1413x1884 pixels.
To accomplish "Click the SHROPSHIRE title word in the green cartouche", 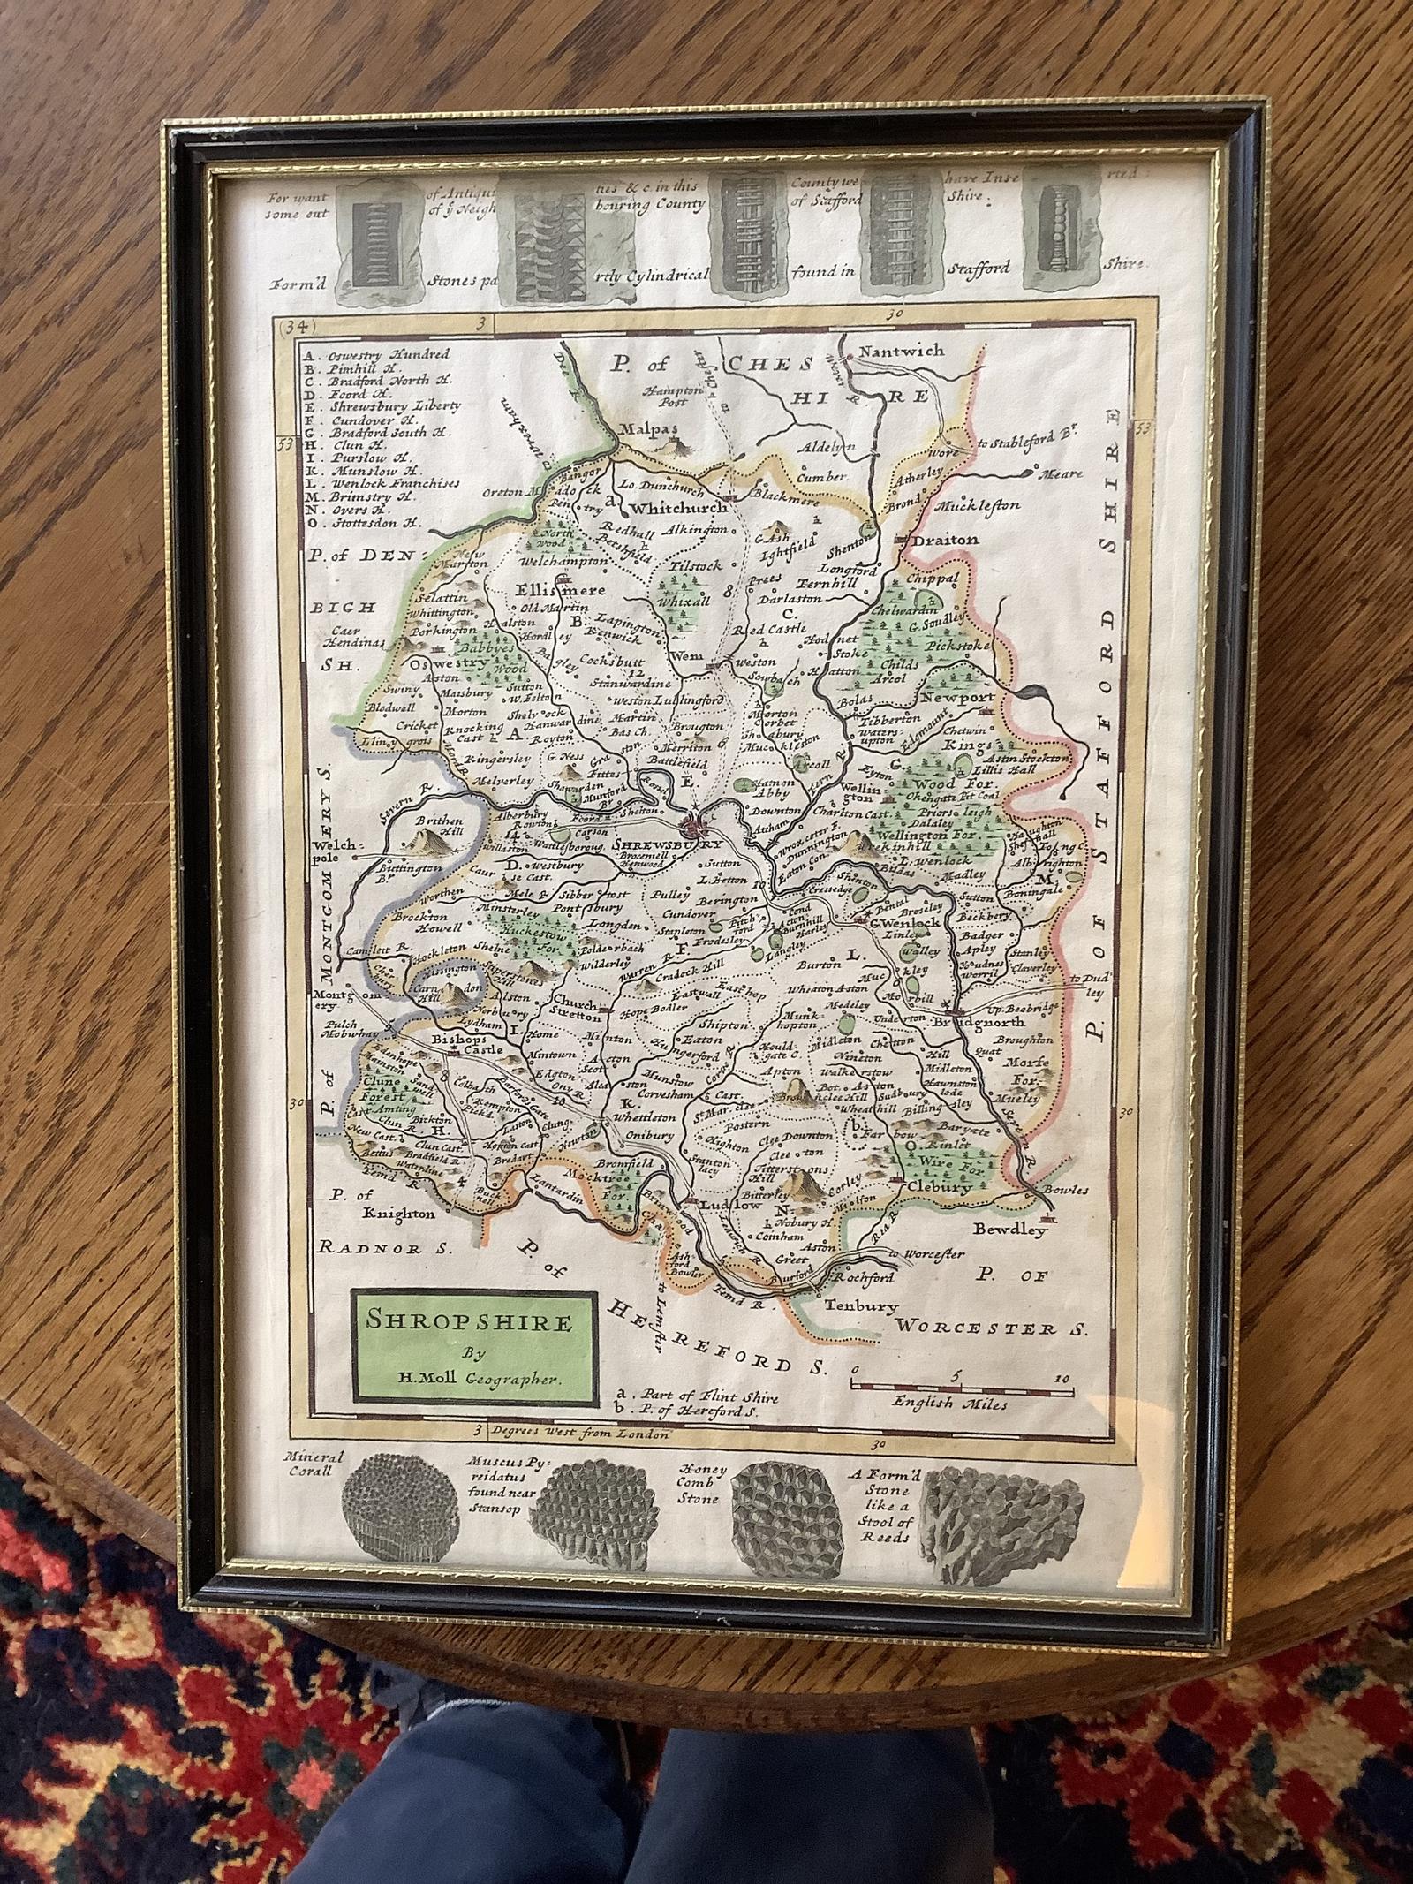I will (470, 1321).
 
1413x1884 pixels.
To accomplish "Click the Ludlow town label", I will (730, 1205).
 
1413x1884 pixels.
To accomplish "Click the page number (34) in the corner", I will (291, 327).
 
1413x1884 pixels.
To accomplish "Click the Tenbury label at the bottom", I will (861, 1305).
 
